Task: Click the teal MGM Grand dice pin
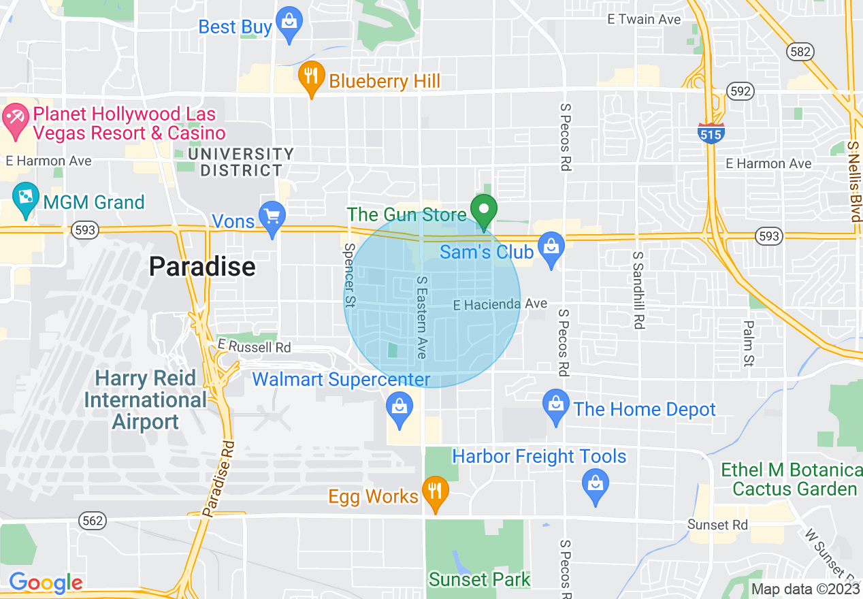25,198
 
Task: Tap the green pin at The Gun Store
484,210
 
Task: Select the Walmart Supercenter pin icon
400,407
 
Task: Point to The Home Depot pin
556,405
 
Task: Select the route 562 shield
93,521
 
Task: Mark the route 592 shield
740,91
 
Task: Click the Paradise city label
202,266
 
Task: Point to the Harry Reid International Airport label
146,400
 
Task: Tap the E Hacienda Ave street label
500,304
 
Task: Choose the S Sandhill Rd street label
638,290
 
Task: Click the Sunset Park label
479,579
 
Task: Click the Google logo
46,583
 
